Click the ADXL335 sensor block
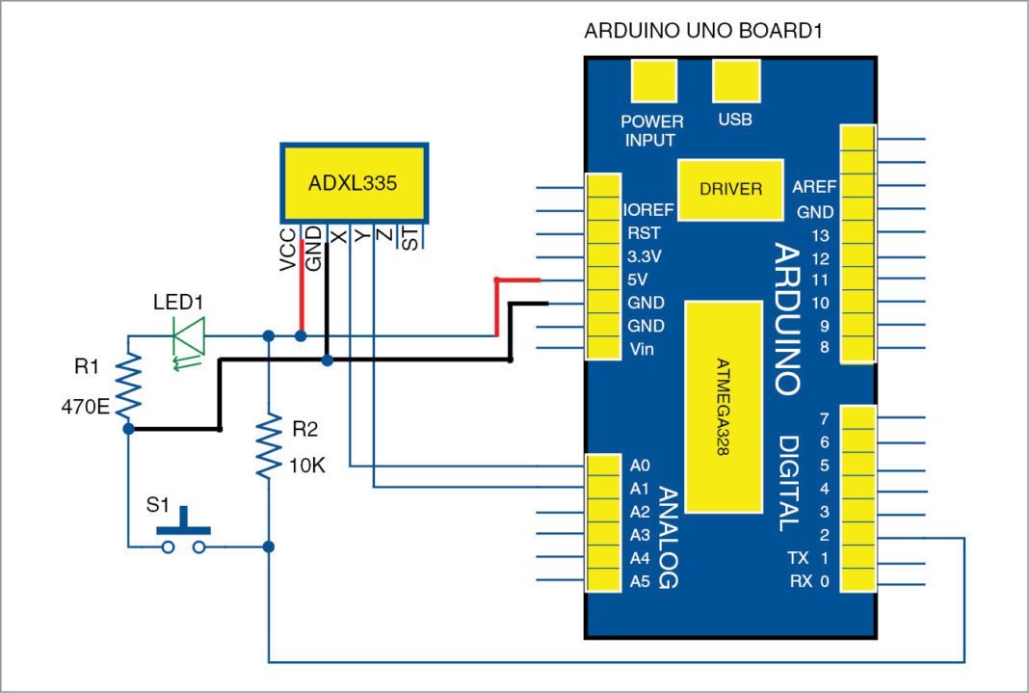(x=353, y=183)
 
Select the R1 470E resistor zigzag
(x=128, y=384)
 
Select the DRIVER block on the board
(x=731, y=189)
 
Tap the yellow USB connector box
(x=735, y=81)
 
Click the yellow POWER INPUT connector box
(x=651, y=81)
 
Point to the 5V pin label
(x=639, y=280)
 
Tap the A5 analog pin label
(x=641, y=581)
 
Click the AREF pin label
(x=813, y=187)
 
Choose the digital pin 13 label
(x=821, y=234)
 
